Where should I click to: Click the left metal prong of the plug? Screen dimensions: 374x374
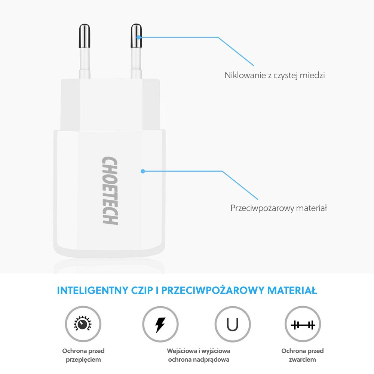point(84,37)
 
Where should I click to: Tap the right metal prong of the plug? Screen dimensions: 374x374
point(136,37)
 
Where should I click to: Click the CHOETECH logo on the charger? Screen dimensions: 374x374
point(110,191)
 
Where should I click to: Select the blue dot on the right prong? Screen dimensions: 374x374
point(139,37)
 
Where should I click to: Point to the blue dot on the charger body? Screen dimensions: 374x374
point(142,171)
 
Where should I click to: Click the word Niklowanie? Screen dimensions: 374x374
point(242,75)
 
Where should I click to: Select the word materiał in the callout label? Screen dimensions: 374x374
point(311,208)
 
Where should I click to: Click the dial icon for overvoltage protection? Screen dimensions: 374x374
point(83,324)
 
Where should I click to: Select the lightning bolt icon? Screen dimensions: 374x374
point(160,324)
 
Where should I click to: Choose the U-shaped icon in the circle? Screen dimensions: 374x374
point(233,324)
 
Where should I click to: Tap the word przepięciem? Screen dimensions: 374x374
point(83,359)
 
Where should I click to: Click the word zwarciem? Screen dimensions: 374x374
point(302,359)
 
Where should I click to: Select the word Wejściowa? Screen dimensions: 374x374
point(183,351)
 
